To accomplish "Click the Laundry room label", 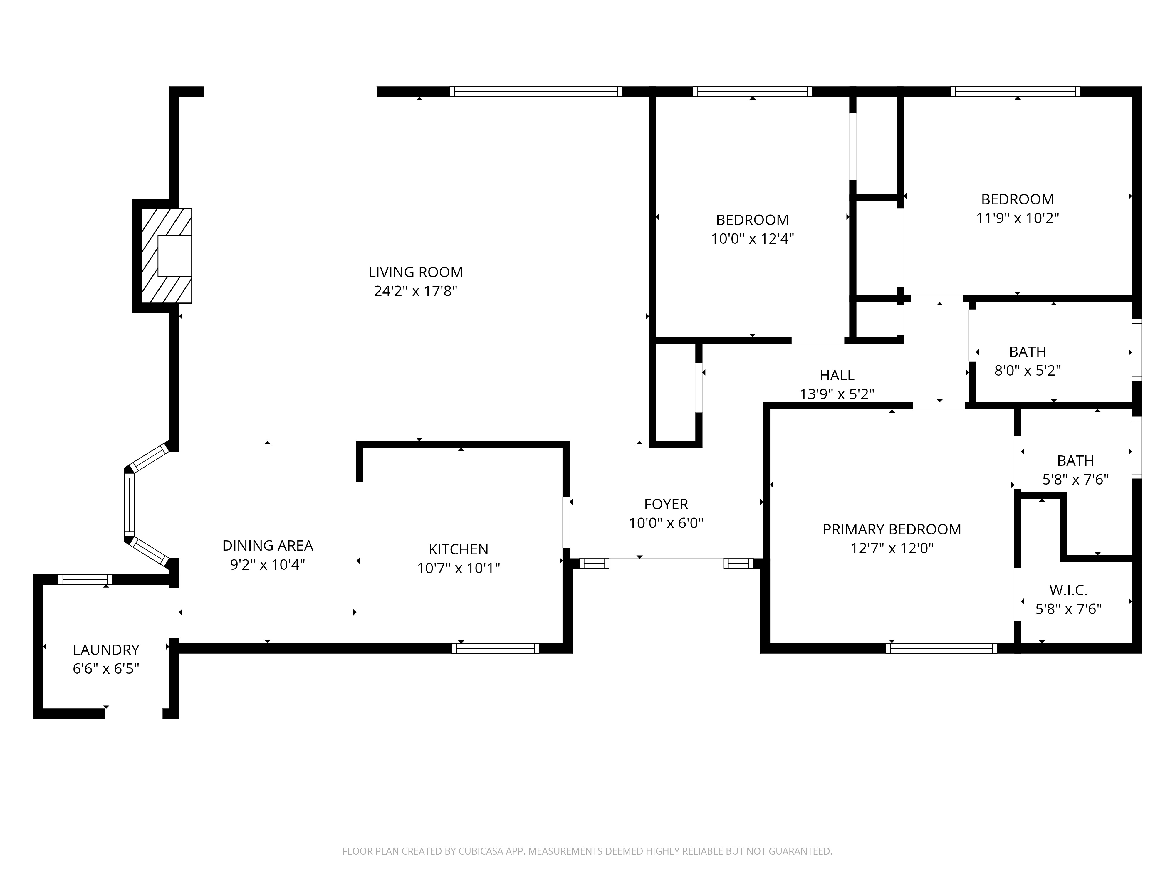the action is pos(106,650).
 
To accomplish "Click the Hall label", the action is pos(837,375).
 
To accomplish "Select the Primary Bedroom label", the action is pos(892,529).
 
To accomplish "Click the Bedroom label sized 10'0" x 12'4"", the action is pos(752,220).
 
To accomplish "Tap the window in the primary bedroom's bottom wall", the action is pos(941,648).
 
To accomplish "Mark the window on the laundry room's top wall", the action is pos(85,579).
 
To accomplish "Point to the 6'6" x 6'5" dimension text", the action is pos(106,669).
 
